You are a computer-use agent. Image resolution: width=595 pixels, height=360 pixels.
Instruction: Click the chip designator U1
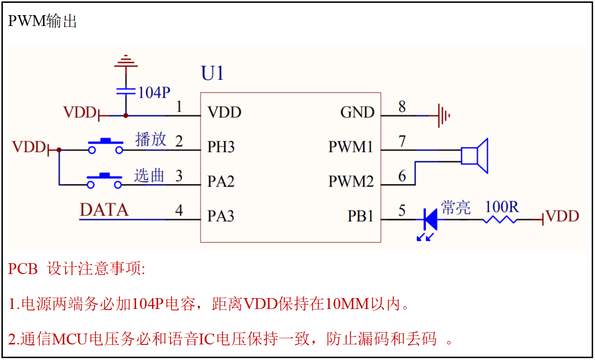(212, 74)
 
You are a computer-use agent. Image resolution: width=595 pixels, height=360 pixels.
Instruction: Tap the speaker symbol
(475, 155)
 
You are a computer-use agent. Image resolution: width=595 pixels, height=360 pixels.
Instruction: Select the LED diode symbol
(430, 219)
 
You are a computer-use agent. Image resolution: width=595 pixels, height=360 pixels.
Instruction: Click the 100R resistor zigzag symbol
(500, 219)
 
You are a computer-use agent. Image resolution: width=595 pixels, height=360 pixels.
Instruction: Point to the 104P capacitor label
(154, 93)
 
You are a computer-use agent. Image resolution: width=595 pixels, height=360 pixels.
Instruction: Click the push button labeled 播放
(105, 146)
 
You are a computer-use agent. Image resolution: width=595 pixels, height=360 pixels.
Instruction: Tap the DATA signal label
(104, 210)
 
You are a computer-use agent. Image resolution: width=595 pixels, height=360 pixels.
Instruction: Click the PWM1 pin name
(351, 147)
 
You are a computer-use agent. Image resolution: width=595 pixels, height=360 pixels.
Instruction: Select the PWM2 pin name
(351, 181)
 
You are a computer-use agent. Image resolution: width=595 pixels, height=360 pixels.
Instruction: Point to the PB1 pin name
(361, 216)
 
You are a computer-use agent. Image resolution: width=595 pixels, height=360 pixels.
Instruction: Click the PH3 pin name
(221, 147)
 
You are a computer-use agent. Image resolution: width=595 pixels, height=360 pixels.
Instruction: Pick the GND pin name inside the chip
(357, 112)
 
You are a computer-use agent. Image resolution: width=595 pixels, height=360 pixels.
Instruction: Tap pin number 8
(402, 107)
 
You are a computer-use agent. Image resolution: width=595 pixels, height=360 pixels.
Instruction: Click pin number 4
(179, 210)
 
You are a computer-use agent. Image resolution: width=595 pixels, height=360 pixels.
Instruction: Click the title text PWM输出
(42, 21)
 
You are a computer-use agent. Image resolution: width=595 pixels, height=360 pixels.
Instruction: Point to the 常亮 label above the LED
(456, 207)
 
